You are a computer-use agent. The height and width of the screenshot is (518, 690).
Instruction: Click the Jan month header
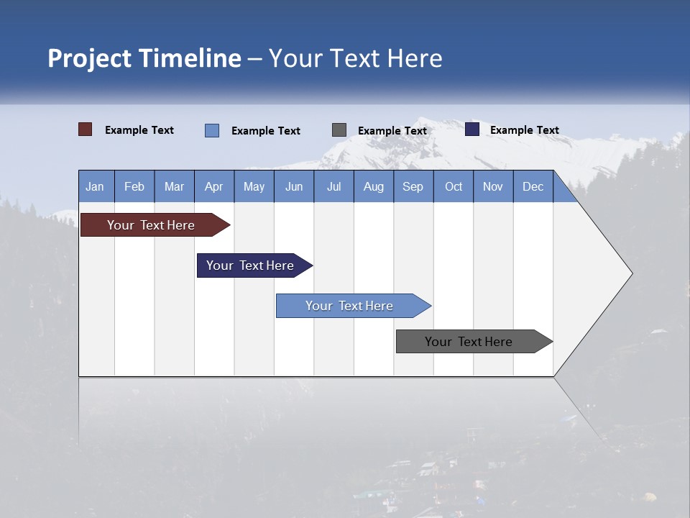96,186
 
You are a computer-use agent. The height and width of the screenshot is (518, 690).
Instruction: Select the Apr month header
214,186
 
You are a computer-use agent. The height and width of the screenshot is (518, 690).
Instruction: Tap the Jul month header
333,186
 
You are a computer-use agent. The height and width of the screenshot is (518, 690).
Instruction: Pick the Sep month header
413,186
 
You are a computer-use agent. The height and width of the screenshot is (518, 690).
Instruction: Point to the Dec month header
533,186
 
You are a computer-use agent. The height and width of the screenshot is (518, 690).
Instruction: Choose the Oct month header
454,186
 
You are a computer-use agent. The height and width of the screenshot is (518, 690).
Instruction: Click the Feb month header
134,186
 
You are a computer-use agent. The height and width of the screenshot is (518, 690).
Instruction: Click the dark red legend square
86,129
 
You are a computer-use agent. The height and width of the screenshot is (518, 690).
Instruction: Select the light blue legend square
212,130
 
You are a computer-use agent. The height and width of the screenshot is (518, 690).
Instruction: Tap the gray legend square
339,130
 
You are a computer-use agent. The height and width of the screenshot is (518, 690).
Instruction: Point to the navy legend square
472,129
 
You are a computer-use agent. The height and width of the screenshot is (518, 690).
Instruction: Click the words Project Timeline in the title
144,58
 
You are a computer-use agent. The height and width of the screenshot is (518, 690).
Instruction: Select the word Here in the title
415,58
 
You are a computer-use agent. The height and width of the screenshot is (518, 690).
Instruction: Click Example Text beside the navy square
524,130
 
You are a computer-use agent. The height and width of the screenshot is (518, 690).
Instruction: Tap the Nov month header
493,186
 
